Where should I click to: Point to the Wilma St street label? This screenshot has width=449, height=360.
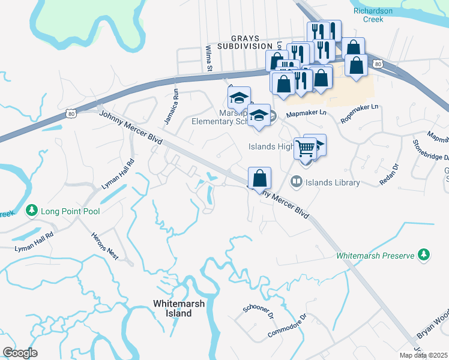pos(209,58)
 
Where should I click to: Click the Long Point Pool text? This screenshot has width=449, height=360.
pos(70,211)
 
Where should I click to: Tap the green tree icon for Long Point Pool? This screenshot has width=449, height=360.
pos(31,211)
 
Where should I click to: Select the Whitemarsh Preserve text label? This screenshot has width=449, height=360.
pos(375,256)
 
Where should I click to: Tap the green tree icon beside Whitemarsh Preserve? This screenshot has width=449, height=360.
pos(424,255)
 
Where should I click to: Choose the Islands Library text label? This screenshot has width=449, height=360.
pos(334,182)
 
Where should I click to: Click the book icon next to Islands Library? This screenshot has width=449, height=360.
pos(296,181)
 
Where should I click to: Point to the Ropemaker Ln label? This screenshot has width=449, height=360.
pos(360,113)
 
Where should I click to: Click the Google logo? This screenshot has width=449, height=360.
pos(20,353)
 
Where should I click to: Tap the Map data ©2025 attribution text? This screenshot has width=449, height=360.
pos(423,355)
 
